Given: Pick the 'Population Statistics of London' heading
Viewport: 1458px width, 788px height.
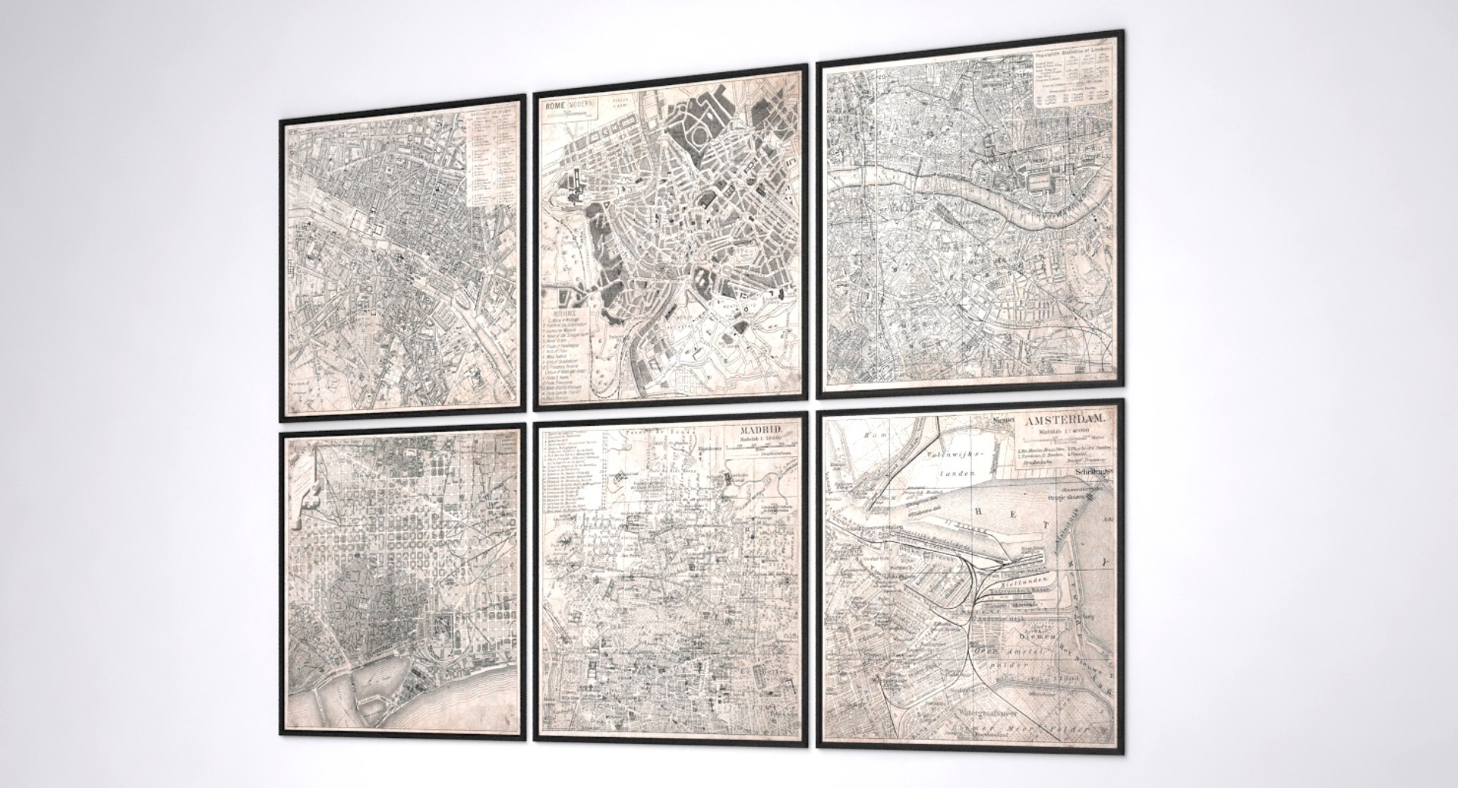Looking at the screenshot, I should click(x=1073, y=50).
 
